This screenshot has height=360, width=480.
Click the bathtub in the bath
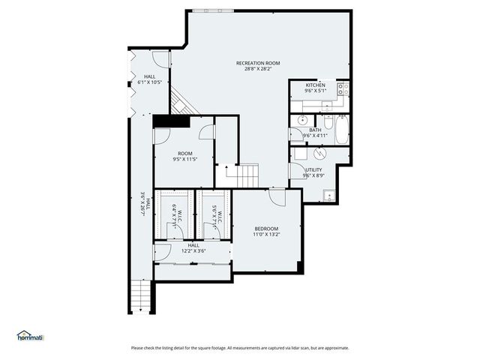point(340,131)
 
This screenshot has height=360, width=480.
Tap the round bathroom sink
point(301,121)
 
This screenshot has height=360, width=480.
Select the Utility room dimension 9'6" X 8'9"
point(313,175)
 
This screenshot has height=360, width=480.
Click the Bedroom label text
point(265,229)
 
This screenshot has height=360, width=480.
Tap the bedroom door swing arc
point(278,196)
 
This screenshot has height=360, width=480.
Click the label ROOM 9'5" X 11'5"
point(184,156)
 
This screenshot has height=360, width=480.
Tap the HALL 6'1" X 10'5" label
point(149,79)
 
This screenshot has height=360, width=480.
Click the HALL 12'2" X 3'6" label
point(193,248)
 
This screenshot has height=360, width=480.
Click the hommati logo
point(30,337)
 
